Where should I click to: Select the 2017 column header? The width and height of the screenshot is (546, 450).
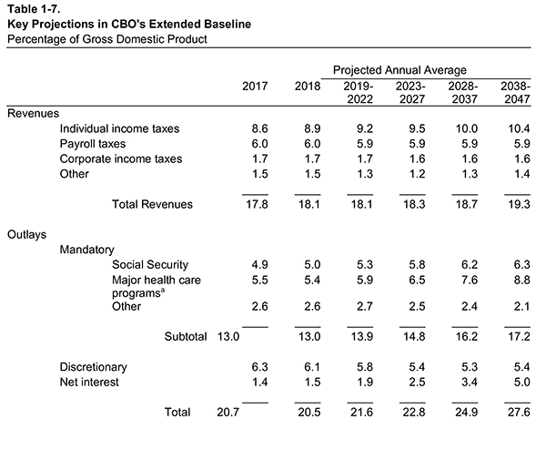point(255,86)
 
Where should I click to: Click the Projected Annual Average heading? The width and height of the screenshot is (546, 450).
point(399,69)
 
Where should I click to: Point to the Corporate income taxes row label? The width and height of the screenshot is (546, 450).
point(120,159)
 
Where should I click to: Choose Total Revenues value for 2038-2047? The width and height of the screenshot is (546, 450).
point(517,205)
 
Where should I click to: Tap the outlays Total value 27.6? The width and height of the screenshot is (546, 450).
point(517,413)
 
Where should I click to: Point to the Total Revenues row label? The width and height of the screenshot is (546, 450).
point(152,205)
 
